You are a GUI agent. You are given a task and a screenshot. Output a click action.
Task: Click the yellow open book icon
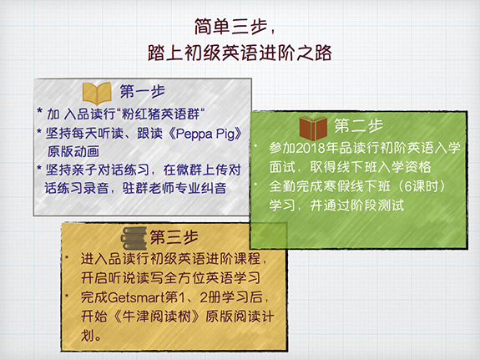coord(97,93)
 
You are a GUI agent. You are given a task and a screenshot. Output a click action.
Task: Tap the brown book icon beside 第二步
coord(313,128)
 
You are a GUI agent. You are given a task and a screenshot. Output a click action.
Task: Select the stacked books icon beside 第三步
coord(134,238)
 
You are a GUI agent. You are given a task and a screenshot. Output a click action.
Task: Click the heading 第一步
coord(143,91)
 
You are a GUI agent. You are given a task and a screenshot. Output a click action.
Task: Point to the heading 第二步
coord(358,125)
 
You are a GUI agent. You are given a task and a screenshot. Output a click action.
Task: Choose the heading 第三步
coord(174,237)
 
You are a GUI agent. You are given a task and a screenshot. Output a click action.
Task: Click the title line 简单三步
coord(230,27)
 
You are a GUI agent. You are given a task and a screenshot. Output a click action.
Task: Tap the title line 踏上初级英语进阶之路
coord(240,53)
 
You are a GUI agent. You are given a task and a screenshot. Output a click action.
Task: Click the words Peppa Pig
coord(205,134)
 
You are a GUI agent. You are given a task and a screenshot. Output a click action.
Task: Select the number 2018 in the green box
coord(310,149)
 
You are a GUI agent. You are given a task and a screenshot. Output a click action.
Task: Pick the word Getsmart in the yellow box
coord(136,297)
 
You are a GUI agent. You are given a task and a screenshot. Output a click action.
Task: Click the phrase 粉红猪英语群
coord(161,114)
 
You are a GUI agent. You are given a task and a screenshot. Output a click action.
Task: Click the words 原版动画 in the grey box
coord(73,151)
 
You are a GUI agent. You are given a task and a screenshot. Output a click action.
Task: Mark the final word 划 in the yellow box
coord(88,336)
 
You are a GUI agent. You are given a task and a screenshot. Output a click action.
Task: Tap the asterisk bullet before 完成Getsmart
coord(67,295)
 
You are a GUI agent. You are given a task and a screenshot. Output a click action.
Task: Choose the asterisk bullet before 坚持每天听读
coord(39,132)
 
